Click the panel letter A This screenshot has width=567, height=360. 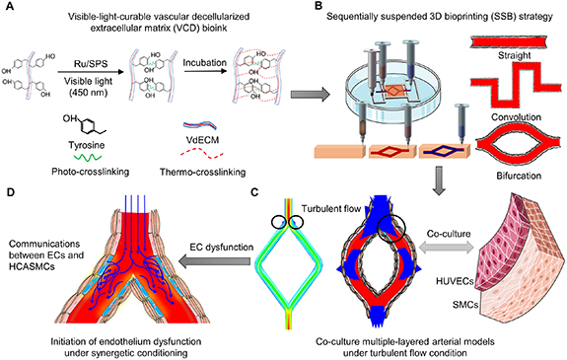tap(9, 8)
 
